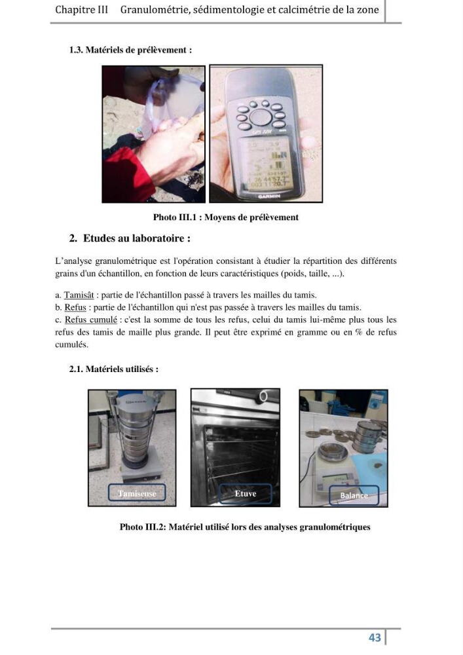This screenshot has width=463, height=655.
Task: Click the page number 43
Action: tap(375, 637)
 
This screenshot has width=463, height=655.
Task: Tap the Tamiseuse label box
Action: tap(137, 493)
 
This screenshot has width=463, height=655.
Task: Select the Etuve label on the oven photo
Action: tap(246, 493)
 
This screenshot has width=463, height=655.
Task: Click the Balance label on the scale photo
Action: tap(354, 495)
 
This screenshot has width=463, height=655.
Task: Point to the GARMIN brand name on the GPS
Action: tap(269, 195)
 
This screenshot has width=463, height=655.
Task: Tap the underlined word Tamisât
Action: tap(79, 295)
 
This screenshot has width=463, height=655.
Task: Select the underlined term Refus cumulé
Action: tap(91, 320)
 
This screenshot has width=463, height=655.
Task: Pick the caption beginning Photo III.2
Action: tap(245, 527)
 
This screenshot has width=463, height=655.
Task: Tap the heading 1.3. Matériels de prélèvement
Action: tap(131, 50)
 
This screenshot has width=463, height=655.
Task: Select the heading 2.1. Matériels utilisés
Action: tap(114, 369)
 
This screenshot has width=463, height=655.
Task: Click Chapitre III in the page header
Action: tap(81, 10)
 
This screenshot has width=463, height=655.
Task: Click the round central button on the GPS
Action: tap(261, 117)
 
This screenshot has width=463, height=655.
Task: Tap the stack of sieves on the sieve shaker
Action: tap(133, 433)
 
